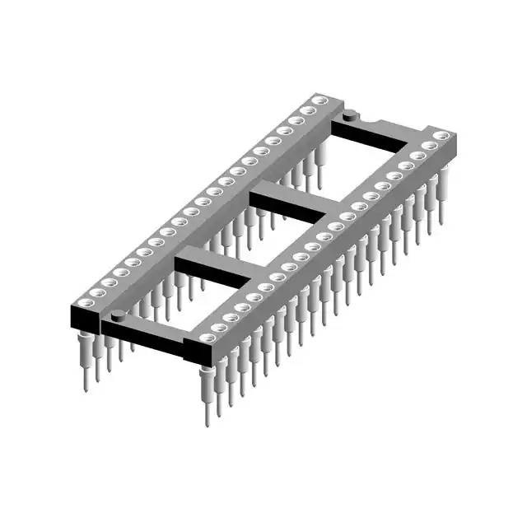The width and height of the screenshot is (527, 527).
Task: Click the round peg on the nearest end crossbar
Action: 119,314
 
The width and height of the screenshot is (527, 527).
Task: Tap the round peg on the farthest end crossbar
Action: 349,116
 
